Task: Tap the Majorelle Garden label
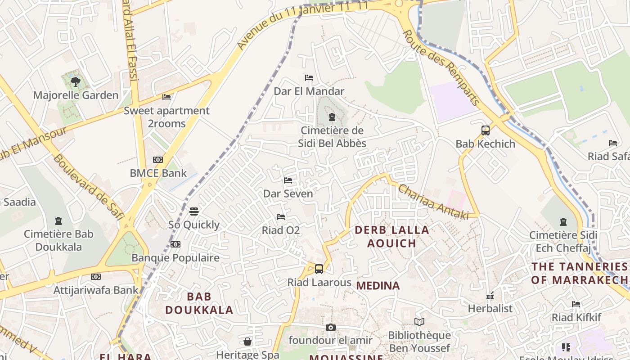pos(76,95)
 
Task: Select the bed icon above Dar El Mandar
pos(309,78)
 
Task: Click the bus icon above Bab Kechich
pos(485,130)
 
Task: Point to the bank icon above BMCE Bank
pos(157,160)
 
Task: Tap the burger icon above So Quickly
pos(194,211)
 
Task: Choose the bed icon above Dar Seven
pos(288,180)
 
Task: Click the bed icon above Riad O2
pos(281,217)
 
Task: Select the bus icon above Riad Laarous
pos(319,269)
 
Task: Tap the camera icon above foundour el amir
pos(331,327)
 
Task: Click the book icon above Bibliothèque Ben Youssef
pos(419,322)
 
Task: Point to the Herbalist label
pos(490,308)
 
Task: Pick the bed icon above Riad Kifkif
pos(576,304)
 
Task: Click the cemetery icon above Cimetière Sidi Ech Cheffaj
pos(563,221)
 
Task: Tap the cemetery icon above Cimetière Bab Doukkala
pos(58,220)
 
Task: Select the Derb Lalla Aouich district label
pos(392,237)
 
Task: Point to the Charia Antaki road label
pos(432,202)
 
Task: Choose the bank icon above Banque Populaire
pos(175,244)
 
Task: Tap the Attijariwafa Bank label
pos(96,290)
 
